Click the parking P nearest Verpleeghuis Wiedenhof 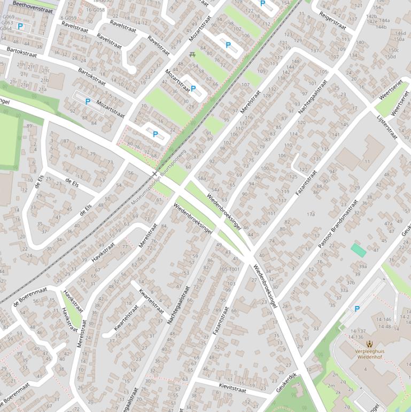tap(356, 309)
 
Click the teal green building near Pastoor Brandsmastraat tap(359, 249)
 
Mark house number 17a tap(311, 214)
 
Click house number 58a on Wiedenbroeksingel tap(202, 178)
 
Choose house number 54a tap(215, 190)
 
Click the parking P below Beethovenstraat tap(20, 26)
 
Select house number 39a tap(362, 266)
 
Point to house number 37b tap(351, 283)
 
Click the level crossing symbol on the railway tap(154, 174)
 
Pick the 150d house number tap(391, 56)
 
